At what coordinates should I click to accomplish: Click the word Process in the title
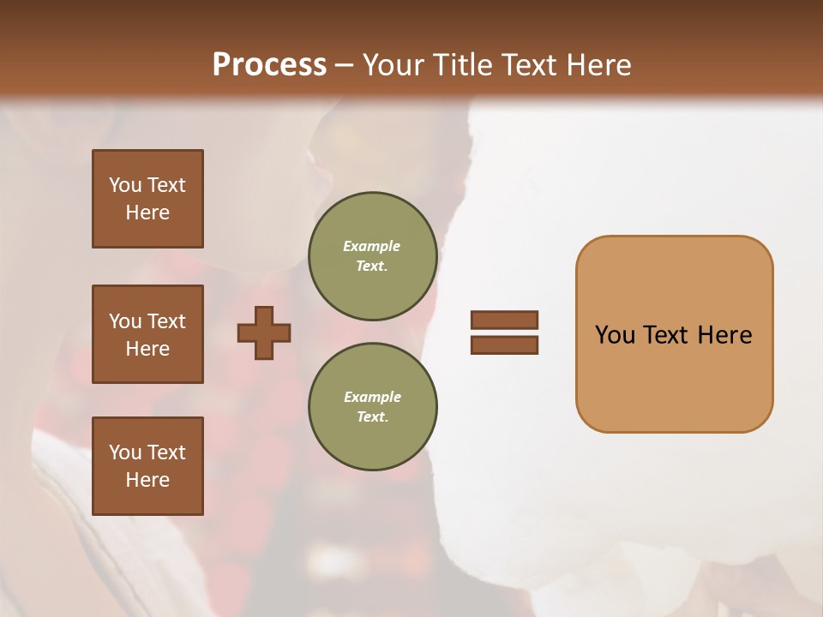(269, 64)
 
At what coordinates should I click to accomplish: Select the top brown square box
(147, 199)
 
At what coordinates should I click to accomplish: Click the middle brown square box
(147, 334)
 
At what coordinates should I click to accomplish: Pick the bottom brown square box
(147, 466)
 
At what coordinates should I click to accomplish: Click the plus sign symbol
(264, 332)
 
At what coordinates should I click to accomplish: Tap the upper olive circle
(372, 256)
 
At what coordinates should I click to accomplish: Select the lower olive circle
(372, 407)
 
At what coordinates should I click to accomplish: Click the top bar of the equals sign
(504, 320)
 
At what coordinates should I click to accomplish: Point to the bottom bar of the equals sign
(504, 344)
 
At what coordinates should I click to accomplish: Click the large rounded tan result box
(674, 334)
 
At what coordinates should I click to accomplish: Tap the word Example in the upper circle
(372, 246)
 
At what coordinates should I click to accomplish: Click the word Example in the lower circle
(372, 397)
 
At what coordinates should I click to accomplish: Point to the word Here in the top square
(147, 213)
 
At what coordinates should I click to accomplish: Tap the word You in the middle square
(123, 321)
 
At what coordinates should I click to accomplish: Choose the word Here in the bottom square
(147, 480)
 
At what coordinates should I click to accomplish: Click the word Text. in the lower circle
(372, 417)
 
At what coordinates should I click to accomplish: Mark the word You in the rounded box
(615, 334)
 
